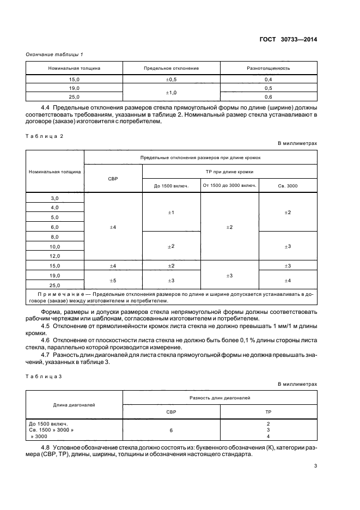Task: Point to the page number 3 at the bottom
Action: [x=315, y=466]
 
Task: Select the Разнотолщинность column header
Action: [x=269, y=69]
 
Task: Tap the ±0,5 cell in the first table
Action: [x=171, y=80]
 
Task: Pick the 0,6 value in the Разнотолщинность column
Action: [x=269, y=96]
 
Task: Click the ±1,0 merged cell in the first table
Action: [x=171, y=92]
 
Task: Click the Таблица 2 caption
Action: [x=45, y=136]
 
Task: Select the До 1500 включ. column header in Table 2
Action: [x=171, y=186]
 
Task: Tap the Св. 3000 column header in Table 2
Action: [x=288, y=186]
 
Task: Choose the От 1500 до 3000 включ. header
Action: [x=229, y=186]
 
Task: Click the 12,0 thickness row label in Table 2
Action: [x=55, y=256]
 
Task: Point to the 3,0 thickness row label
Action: [x=55, y=198]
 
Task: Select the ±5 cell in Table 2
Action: [x=113, y=280]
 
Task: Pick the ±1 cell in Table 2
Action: [x=171, y=212]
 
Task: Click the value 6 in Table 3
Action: [x=171, y=430]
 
